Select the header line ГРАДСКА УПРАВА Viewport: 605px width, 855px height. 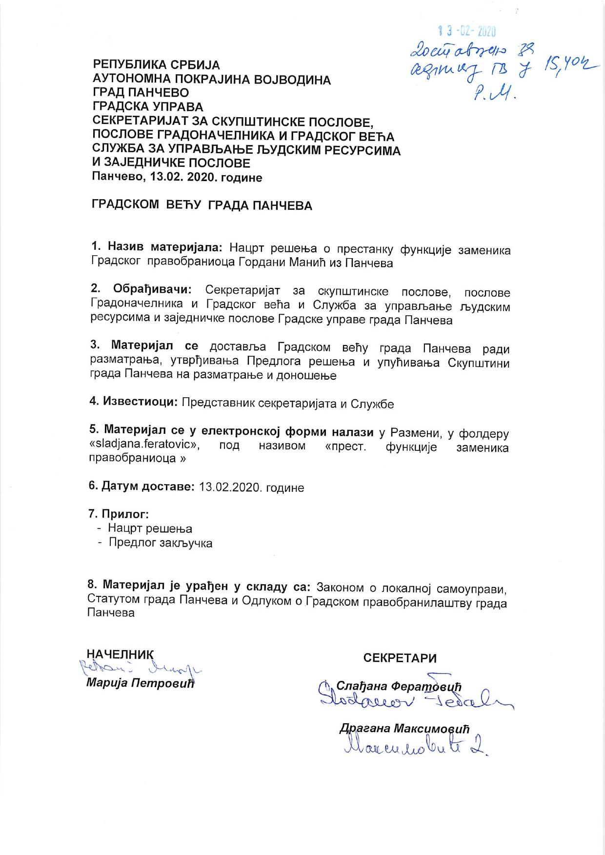[148, 106]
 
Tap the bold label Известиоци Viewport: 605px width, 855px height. [140, 402]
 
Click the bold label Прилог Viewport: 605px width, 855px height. [124, 514]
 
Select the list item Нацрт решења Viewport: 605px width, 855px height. [150, 529]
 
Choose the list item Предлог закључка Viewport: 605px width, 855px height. [161, 543]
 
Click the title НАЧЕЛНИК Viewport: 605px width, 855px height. [120, 654]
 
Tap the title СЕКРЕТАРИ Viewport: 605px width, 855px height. [400, 658]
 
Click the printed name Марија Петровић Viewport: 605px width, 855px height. [141, 683]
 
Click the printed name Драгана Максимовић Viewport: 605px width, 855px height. [404, 729]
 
